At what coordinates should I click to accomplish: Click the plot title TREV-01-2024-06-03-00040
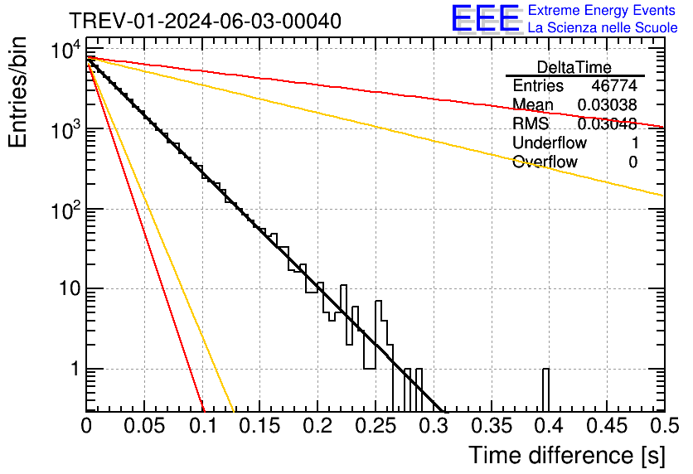click(204, 22)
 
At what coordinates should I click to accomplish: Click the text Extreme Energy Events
click(602, 11)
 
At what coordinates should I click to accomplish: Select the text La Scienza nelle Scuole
click(602, 27)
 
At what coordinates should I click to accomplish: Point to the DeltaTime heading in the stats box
click(574, 67)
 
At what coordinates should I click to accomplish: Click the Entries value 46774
click(614, 86)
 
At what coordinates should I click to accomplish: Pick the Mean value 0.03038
click(608, 105)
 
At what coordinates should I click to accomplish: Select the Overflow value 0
click(632, 162)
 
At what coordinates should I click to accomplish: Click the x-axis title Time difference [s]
click(565, 455)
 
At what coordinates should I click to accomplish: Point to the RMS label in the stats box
click(531, 124)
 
